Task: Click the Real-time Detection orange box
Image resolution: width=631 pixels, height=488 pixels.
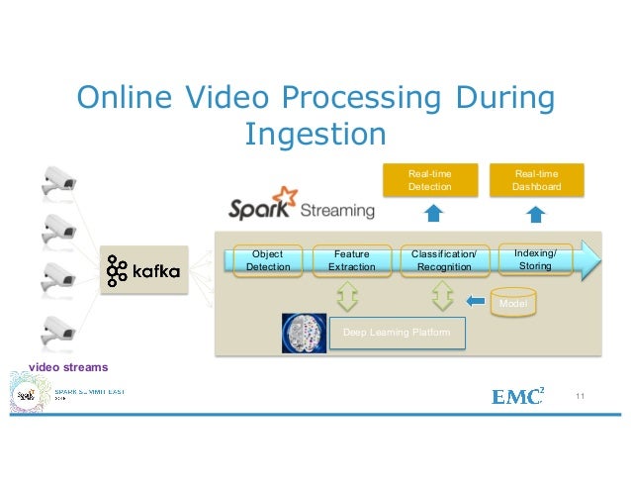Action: pos(429,179)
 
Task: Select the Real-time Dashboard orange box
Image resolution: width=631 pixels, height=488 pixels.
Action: pos(536,179)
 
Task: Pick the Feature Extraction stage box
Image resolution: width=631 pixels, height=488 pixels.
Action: pos(351,260)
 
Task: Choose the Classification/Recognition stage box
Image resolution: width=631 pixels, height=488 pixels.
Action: pos(444,260)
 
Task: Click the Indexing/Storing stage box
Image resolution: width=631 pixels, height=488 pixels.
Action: pos(535,259)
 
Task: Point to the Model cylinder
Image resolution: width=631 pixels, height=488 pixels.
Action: pos(512,302)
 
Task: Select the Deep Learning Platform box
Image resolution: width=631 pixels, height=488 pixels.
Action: pos(396,333)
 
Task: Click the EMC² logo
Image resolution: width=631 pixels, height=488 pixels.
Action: pos(517,397)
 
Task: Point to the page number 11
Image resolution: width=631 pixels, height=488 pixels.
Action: pos(580,397)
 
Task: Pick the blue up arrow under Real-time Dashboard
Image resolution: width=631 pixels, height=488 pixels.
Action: pos(536,215)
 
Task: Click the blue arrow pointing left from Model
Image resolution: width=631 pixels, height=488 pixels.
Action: pos(476,301)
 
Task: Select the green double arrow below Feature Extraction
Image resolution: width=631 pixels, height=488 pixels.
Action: pos(351,295)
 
